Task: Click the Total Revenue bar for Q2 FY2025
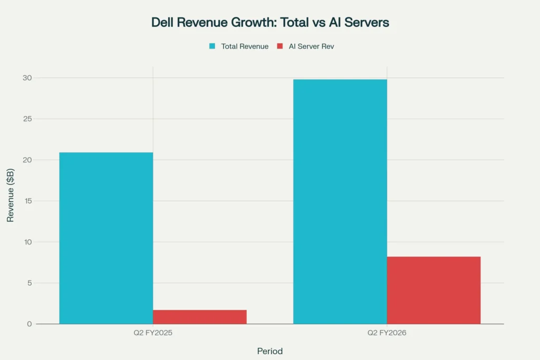[x=106, y=238]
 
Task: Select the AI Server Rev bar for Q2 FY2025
[x=200, y=317]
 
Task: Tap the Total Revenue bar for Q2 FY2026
[x=340, y=201]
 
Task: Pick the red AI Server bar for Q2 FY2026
[x=433, y=290]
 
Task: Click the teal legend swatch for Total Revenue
[x=212, y=46]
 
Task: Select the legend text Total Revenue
[x=245, y=46]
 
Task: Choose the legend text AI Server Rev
[x=311, y=46]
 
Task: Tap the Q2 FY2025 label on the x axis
[x=153, y=334]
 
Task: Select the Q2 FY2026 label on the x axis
[x=387, y=334]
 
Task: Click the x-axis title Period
[x=270, y=351]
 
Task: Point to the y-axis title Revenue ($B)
[x=11, y=201]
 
